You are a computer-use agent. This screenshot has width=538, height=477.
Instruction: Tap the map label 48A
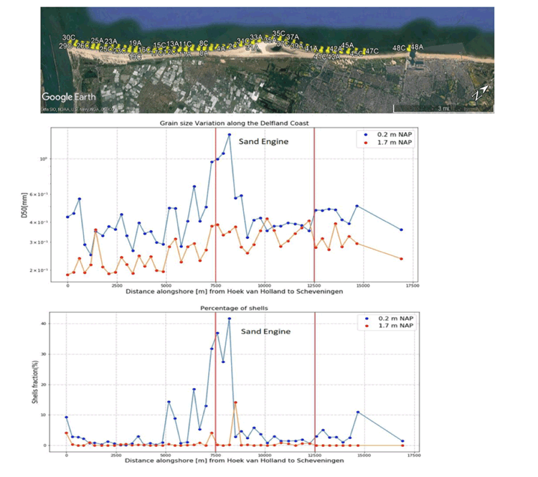[416, 47]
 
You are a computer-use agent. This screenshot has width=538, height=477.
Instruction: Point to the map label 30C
[69, 37]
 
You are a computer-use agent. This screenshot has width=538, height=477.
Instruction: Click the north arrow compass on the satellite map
[484, 93]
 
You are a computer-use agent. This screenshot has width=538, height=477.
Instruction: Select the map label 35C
[279, 34]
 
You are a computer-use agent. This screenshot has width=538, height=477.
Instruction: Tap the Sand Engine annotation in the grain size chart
[263, 141]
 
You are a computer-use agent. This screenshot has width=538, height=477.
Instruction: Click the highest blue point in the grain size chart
[230, 134]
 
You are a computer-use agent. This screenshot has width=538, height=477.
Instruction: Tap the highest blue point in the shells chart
[230, 318]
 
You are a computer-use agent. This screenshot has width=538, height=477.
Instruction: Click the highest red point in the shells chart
[235, 402]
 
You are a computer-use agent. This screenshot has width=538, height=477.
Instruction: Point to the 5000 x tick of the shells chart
[165, 455]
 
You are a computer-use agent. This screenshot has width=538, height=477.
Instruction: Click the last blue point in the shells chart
[402, 441]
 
